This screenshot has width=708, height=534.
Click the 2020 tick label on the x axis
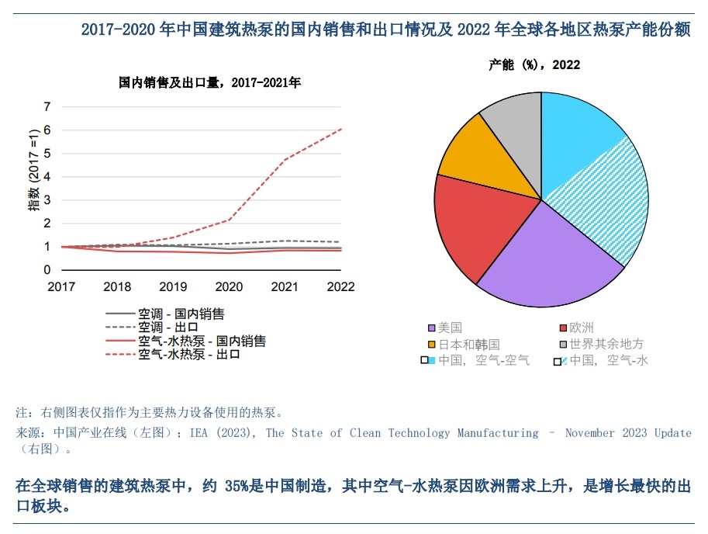click(229, 286)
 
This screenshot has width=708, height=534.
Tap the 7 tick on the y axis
click(47, 106)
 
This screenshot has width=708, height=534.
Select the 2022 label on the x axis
click(340, 286)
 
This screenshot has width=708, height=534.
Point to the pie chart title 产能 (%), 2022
click(534, 65)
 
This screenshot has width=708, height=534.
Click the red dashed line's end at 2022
click(341, 129)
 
